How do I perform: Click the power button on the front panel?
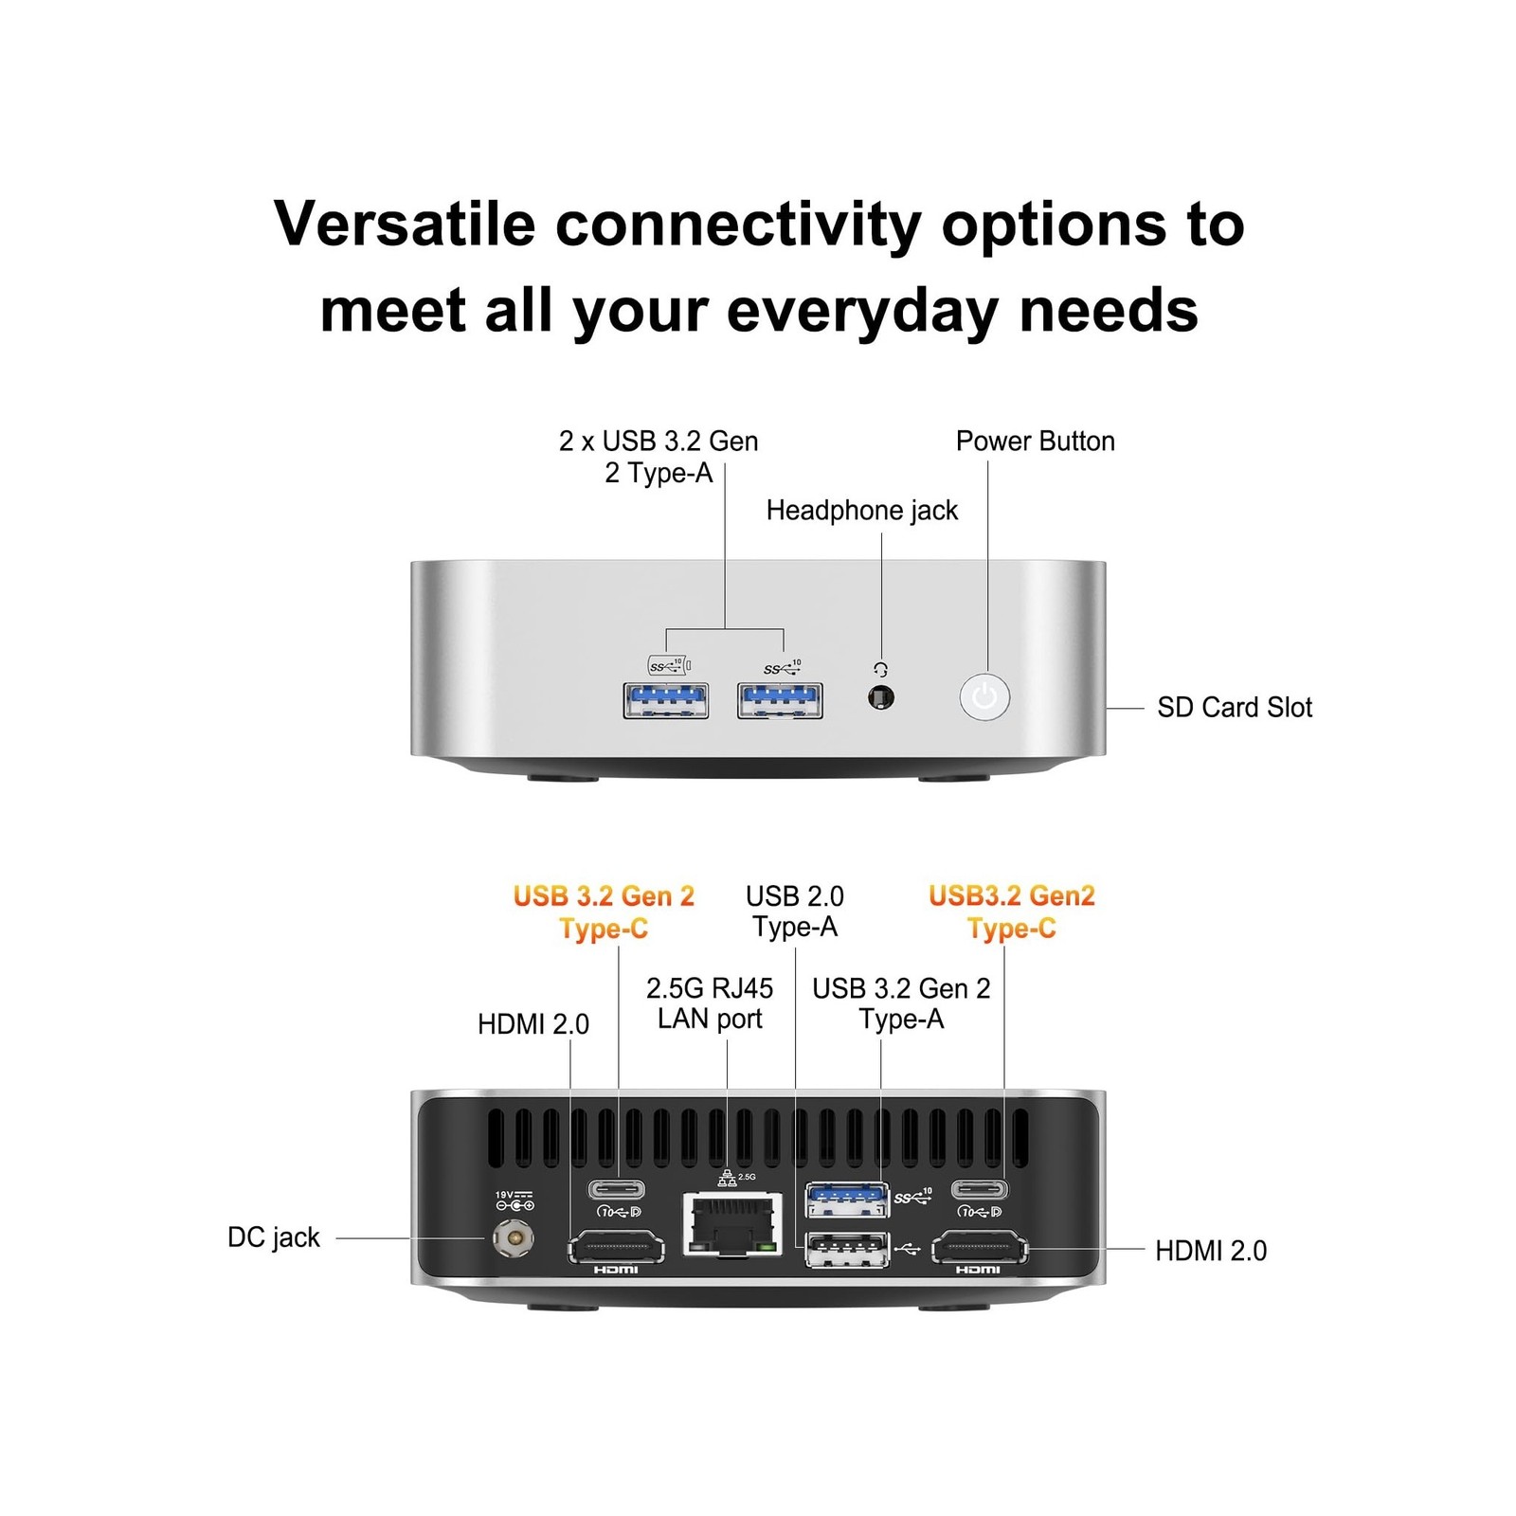(x=984, y=697)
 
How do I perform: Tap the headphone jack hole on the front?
(x=880, y=698)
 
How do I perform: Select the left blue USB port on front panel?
(x=665, y=700)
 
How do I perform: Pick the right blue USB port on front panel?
(x=780, y=700)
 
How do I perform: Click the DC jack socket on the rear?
(x=514, y=1238)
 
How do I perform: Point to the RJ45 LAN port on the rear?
(x=732, y=1223)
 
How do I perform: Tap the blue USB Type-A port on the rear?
(x=847, y=1200)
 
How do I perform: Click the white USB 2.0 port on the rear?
(x=847, y=1250)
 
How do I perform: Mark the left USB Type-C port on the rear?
(x=617, y=1189)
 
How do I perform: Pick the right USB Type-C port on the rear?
(x=980, y=1189)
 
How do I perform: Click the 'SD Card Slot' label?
(x=1234, y=707)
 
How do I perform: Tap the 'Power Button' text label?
(x=1035, y=441)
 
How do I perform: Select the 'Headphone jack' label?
(x=861, y=510)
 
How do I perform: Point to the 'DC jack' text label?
(x=274, y=1237)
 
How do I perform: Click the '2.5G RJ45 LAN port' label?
(x=710, y=1003)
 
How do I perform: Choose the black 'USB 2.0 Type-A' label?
(x=795, y=911)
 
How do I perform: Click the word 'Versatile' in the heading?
(x=405, y=225)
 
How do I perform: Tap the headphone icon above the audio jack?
(x=880, y=669)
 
